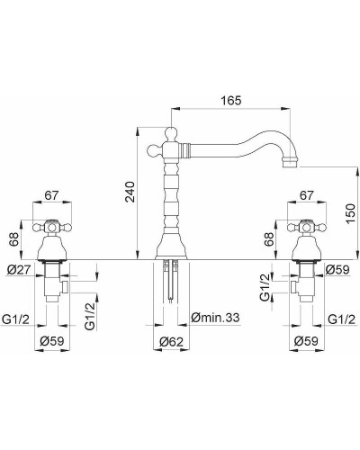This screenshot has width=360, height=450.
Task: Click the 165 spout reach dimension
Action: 231,101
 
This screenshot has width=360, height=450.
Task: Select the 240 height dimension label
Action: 130,192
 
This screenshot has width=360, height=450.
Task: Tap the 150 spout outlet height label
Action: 350,213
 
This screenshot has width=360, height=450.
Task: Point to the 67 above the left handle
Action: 51,195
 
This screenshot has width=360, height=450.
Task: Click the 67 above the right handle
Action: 307,195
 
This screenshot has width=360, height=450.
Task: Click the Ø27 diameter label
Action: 18,270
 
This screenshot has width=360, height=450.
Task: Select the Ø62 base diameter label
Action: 171,342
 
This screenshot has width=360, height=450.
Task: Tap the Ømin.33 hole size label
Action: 216,317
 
